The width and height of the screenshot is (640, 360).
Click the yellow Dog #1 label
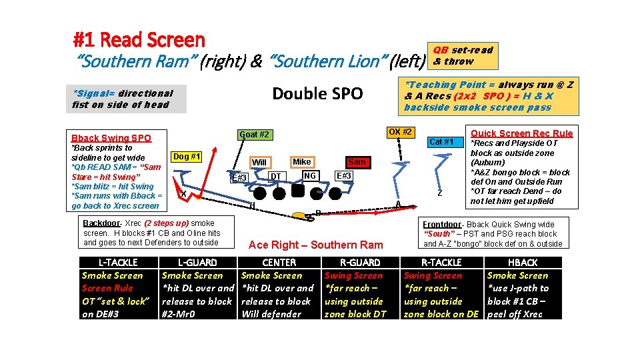187,156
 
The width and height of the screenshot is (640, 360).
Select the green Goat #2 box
254,135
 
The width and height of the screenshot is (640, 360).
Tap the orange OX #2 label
399,131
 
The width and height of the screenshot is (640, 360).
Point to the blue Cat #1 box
441,141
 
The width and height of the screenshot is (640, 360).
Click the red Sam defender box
357,162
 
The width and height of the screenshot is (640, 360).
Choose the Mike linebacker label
302,161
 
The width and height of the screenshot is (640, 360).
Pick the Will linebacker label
259,162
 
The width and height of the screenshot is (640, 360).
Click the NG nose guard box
309,175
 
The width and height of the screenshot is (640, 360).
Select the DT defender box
275,176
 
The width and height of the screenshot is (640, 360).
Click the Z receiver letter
440,193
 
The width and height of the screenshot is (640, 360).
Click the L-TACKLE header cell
118,263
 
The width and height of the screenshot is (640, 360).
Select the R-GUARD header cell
360,263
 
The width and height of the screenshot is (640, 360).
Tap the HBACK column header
523,263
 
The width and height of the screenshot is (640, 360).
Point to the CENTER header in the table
279,263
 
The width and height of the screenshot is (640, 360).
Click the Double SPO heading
318,93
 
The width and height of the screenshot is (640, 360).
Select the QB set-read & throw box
463,55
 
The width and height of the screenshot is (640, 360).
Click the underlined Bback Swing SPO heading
111,138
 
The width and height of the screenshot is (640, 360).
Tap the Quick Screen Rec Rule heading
521,133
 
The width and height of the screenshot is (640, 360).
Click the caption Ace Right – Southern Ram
315,245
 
